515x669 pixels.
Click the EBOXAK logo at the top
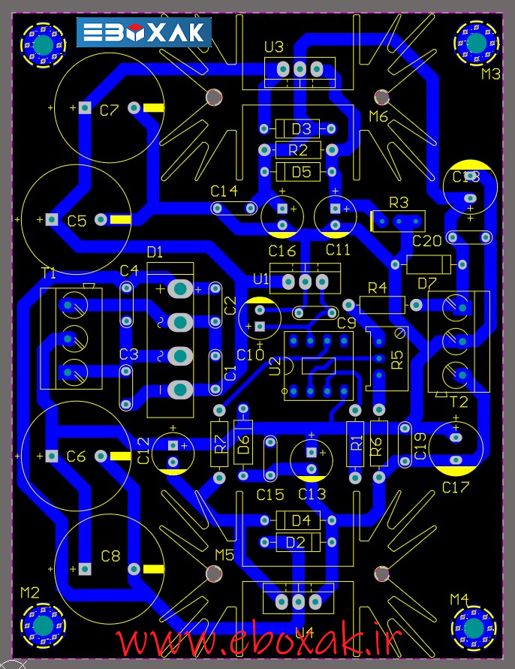pyautogui.click(x=144, y=32)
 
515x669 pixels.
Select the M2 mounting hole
pyautogui.click(x=42, y=625)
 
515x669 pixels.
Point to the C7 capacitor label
pyautogui.click(x=110, y=110)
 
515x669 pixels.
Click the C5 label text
pyautogui.click(x=77, y=221)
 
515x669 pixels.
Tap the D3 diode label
pyautogui.click(x=301, y=128)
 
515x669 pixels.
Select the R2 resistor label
pyautogui.click(x=298, y=150)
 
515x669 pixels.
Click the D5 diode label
pyautogui.click(x=301, y=171)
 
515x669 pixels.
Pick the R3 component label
pyautogui.click(x=399, y=203)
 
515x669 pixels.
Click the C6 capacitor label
pyautogui.click(x=77, y=456)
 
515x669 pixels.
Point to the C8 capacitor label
pyautogui.click(x=110, y=556)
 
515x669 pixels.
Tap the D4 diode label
pyautogui.click(x=301, y=520)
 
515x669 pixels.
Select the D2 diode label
pyautogui.click(x=296, y=541)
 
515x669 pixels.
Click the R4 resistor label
pyautogui.click(x=377, y=288)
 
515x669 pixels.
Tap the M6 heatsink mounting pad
pyautogui.click(x=382, y=97)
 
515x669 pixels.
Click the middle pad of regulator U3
pyautogui.click(x=300, y=70)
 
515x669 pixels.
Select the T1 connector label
pyautogui.click(x=48, y=273)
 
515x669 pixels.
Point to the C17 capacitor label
pyautogui.click(x=456, y=487)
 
